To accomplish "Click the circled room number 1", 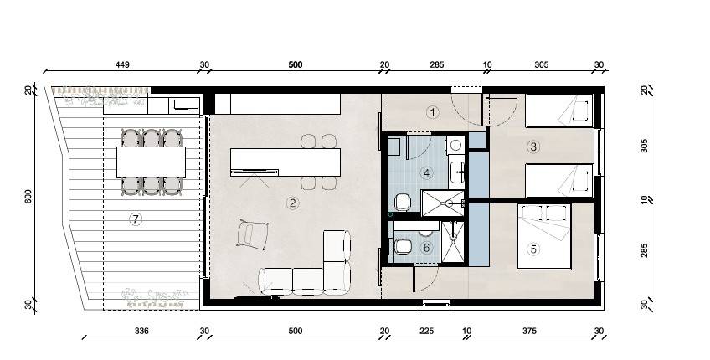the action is pos(434,112).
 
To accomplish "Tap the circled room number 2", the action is pos(293,203).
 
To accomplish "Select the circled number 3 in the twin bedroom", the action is pos(533,147).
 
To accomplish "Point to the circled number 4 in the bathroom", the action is pos(426,172).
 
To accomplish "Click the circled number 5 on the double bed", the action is pos(533,249).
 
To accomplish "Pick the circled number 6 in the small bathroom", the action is pos(425,248).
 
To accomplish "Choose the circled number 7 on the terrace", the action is pos(136,219).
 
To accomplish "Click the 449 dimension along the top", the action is pos(122,64).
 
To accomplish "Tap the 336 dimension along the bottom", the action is pos(141,331).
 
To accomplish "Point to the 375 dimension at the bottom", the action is pos(529,331).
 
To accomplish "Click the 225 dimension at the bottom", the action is pos(426,331).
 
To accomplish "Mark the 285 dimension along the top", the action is pos(436,64).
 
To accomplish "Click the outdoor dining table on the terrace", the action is pos(152,162).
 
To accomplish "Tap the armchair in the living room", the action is pos(252,234).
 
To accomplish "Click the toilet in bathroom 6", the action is pos(402,247).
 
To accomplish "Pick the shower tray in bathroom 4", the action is pos(443,203).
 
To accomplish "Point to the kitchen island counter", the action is pos(286,162).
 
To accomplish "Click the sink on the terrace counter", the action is pos(186,105).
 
